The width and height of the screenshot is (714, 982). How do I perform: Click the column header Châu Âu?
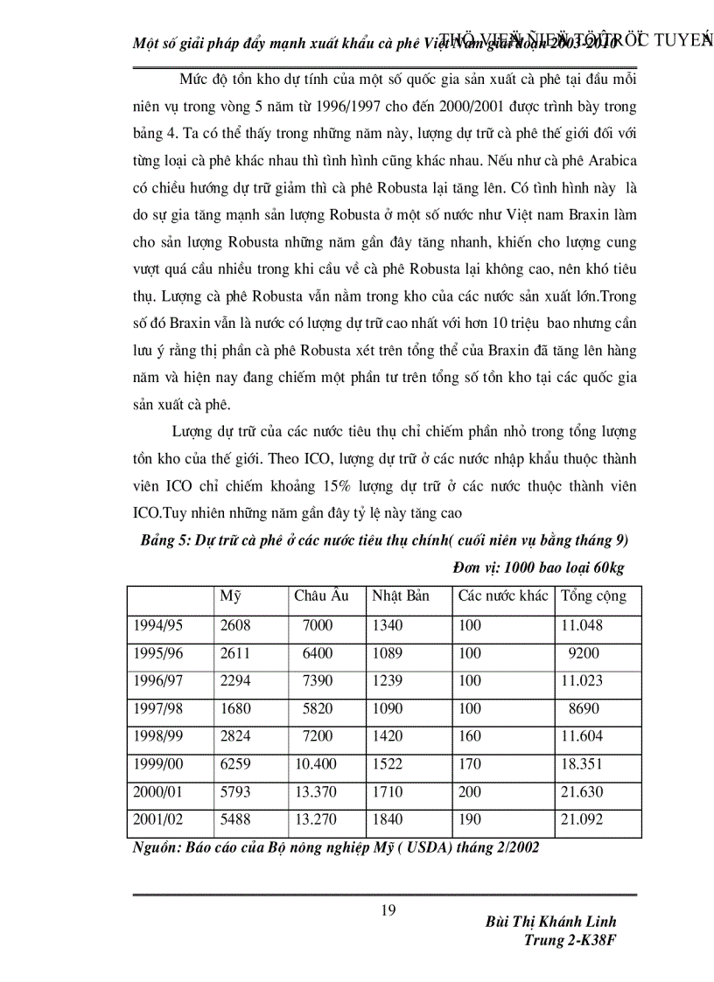[x=321, y=596]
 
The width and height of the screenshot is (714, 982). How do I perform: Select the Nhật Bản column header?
[x=401, y=596]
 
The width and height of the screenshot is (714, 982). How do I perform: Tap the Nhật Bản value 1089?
[x=388, y=653]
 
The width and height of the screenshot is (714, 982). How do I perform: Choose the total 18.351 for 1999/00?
[x=582, y=765]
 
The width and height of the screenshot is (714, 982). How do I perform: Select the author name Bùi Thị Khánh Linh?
[x=549, y=923]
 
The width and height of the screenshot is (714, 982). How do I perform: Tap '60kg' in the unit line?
[x=606, y=568]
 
